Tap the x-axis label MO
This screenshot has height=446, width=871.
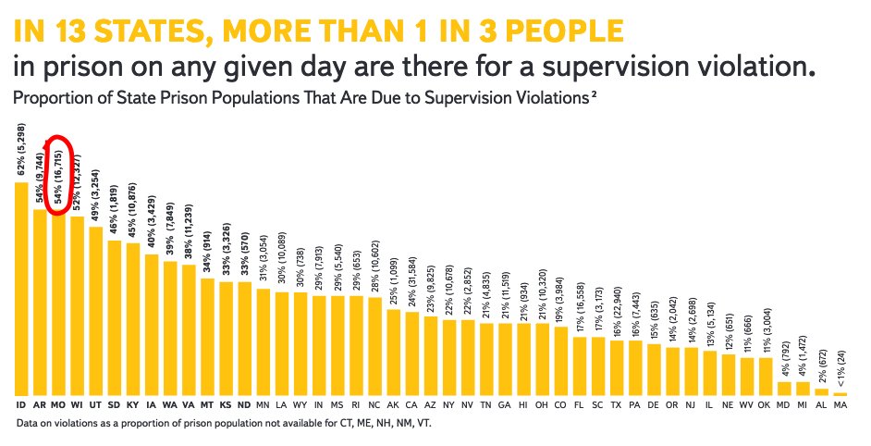point(58,405)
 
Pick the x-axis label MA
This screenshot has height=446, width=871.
point(840,405)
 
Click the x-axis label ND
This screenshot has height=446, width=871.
point(244,405)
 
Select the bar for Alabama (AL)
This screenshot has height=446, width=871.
point(821,392)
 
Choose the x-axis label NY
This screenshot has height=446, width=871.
point(449,405)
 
